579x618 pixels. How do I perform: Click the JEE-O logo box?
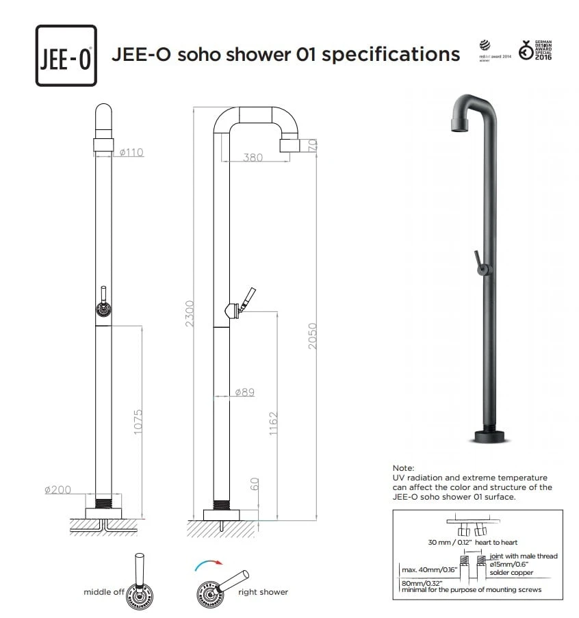[66, 55]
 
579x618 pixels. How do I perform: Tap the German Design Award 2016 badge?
[535, 50]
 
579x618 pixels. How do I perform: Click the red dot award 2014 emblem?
[495, 51]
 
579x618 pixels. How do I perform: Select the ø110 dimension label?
[131, 152]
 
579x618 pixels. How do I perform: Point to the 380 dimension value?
[253, 157]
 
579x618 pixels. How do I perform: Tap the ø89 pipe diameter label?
[244, 392]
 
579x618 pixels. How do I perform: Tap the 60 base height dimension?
[255, 485]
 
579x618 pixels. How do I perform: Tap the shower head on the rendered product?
[459, 123]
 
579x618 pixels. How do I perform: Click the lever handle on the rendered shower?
[478, 261]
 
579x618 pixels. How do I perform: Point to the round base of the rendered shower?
[488, 436]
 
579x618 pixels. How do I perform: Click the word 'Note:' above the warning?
[403, 467]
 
